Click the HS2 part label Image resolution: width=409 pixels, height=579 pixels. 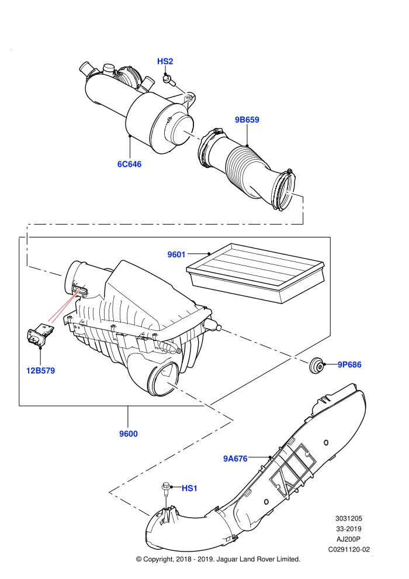(165, 61)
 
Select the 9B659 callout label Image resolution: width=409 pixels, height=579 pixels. (247, 120)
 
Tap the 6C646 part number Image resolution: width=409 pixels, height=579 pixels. (129, 164)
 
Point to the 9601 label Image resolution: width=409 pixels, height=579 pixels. (176, 254)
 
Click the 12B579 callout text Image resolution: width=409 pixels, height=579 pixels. (40, 370)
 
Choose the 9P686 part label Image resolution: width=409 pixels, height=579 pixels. (349, 364)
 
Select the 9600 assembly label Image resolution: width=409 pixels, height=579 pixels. (129, 433)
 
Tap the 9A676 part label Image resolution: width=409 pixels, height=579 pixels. (235, 459)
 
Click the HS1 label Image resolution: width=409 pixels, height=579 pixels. (189, 488)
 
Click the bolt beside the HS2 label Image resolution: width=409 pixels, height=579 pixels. (168, 80)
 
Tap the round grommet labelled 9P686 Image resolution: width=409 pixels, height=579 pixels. (316, 365)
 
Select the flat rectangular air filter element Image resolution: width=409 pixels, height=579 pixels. (255, 273)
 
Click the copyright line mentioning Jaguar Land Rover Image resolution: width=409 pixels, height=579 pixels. (218, 560)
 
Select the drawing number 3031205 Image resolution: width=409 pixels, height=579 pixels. (348, 518)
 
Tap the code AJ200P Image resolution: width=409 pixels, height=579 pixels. (348, 539)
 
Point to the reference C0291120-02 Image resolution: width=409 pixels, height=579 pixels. (349, 549)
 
